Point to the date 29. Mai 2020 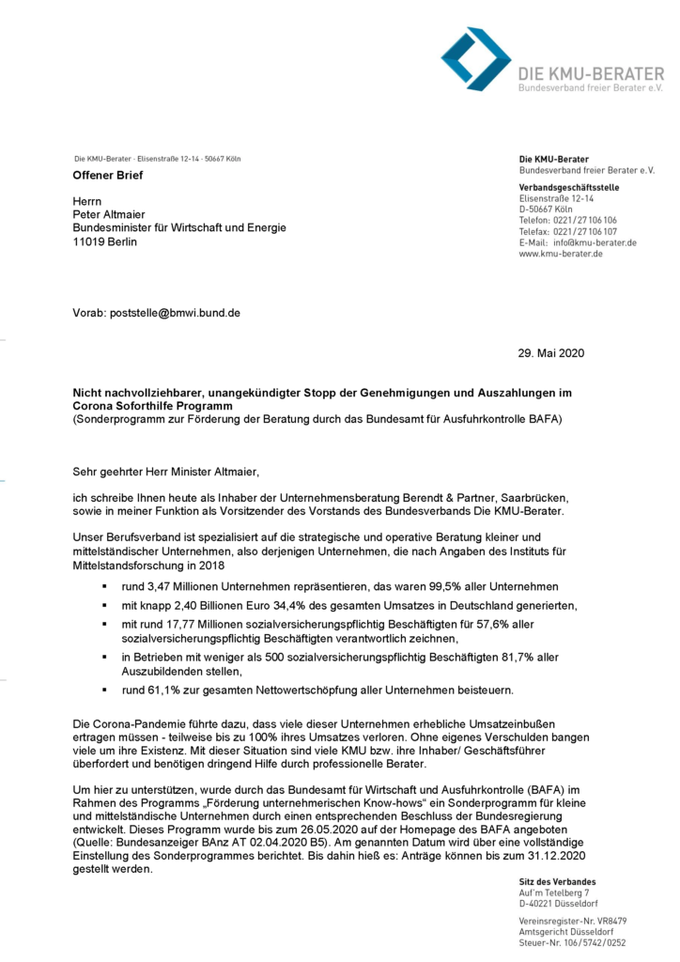click(x=550, y=352)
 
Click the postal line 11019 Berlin click(x=104, y=241)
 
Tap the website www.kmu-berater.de click(x=561, y=254)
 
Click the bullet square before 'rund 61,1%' click(x=104, y=690)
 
